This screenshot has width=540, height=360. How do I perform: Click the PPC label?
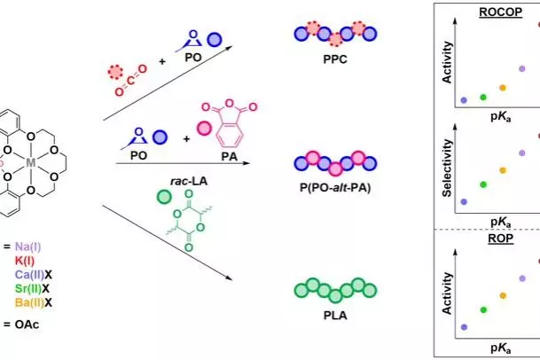point(335,59)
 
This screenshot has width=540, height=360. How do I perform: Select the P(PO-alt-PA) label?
point(335,188)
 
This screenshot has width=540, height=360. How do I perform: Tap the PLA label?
point(335,315)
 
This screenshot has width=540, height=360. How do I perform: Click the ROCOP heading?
point(500,12)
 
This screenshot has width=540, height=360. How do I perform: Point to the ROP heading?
point(500,239)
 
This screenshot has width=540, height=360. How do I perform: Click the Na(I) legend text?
point(27,247)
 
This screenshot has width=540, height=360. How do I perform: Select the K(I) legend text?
point(25,261)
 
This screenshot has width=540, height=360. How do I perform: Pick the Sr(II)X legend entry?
point(33,289)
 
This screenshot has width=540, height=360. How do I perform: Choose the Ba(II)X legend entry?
point(34,303)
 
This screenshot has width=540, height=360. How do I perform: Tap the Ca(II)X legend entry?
point(34,275)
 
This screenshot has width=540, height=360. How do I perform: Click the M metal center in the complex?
point(31,162)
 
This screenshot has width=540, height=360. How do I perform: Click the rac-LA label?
point(189,181)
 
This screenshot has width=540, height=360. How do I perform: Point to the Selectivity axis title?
point(447,168)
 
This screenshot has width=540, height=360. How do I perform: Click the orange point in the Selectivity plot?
point(503,170)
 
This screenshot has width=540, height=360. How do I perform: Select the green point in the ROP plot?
point(483,310)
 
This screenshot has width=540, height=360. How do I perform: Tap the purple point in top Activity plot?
point(521,68)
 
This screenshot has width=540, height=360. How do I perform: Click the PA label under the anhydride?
point(229,156)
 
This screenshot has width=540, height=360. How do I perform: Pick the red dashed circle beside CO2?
point(115,72)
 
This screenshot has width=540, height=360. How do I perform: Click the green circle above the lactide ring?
point(164,198)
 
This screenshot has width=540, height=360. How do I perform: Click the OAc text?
point(27,325)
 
